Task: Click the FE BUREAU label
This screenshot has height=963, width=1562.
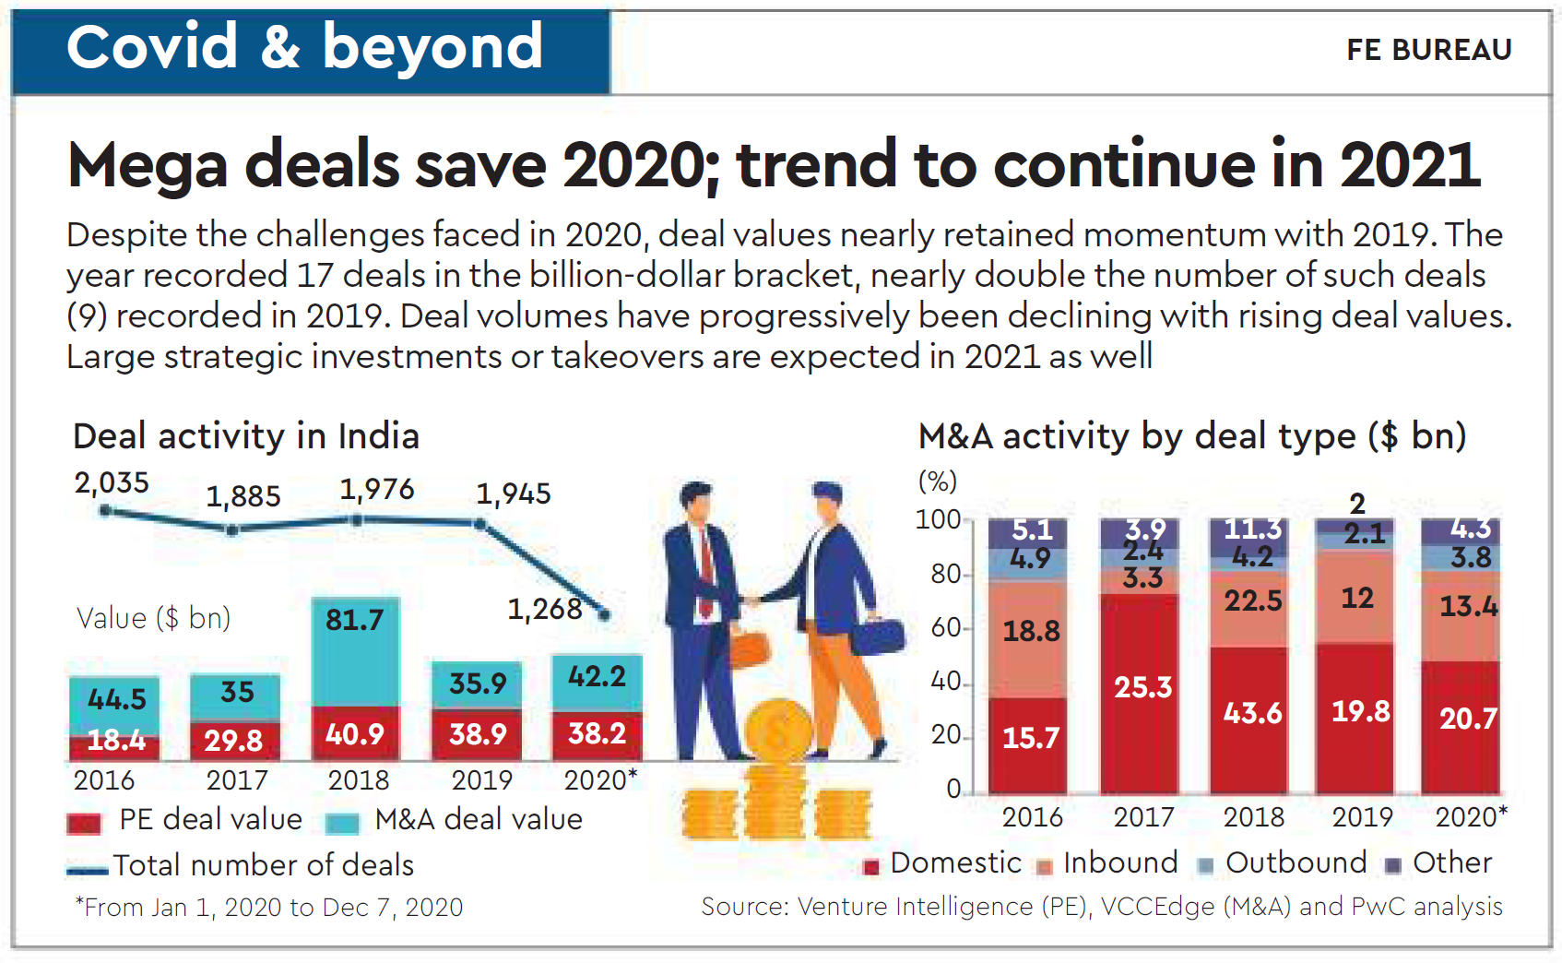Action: [x=1428, y=50]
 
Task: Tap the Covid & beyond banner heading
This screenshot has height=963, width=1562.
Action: [x=304, y=48]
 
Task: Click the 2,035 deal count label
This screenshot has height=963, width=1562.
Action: [x=112, y=482]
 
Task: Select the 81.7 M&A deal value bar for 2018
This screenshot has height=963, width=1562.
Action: [x=355, y=651]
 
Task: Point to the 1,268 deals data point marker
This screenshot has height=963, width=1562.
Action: [x=604, y=614]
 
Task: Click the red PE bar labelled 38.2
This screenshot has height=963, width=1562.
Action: [x=598, y=735]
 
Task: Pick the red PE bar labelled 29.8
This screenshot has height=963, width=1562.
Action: [x=234, y=740]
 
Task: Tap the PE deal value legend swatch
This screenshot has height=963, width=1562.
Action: [x=84, y=822]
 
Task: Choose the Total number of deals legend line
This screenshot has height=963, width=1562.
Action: [x=88, y=869]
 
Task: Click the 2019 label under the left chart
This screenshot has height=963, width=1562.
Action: [x=481, y=780]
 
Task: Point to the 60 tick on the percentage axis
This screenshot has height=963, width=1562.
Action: [x=946, y=628]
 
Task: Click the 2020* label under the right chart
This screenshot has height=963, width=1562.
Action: [x=1471, y=817]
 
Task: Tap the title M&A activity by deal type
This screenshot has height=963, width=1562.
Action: [x=1191, y=436]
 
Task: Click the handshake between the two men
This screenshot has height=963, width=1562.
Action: [x=752, y=600]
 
